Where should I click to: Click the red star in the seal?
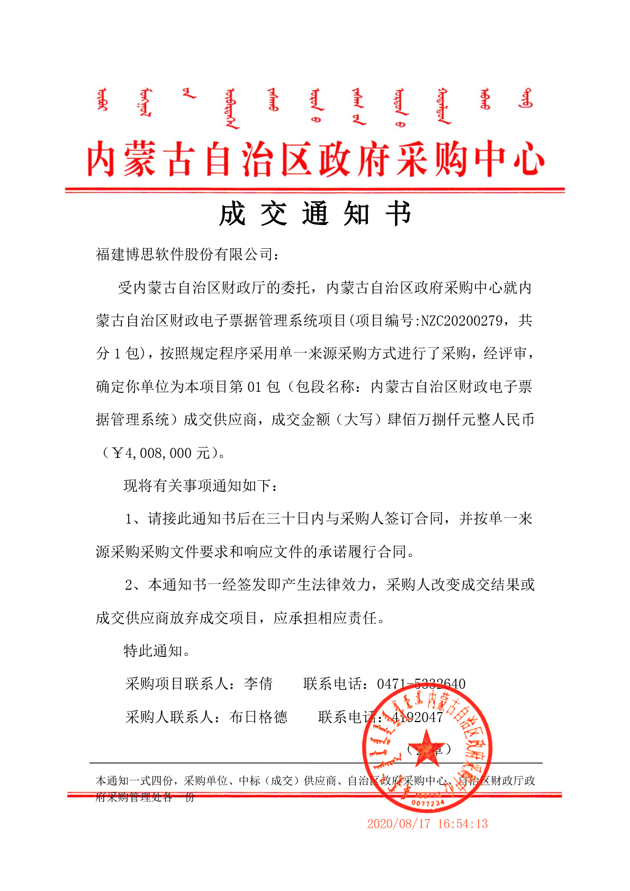pos(427,747)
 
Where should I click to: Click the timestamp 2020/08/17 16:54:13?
pos(427,824)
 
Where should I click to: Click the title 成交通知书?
pos(315,214)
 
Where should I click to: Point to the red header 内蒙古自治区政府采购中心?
pos(315,159)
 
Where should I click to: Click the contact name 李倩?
pos(258,684)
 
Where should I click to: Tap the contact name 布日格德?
pos(258,717)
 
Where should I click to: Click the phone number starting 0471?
pos(421,684)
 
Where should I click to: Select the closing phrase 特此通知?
pos(153,651)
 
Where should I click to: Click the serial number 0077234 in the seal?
pos(428,804)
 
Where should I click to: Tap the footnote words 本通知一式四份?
pos(134,781)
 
